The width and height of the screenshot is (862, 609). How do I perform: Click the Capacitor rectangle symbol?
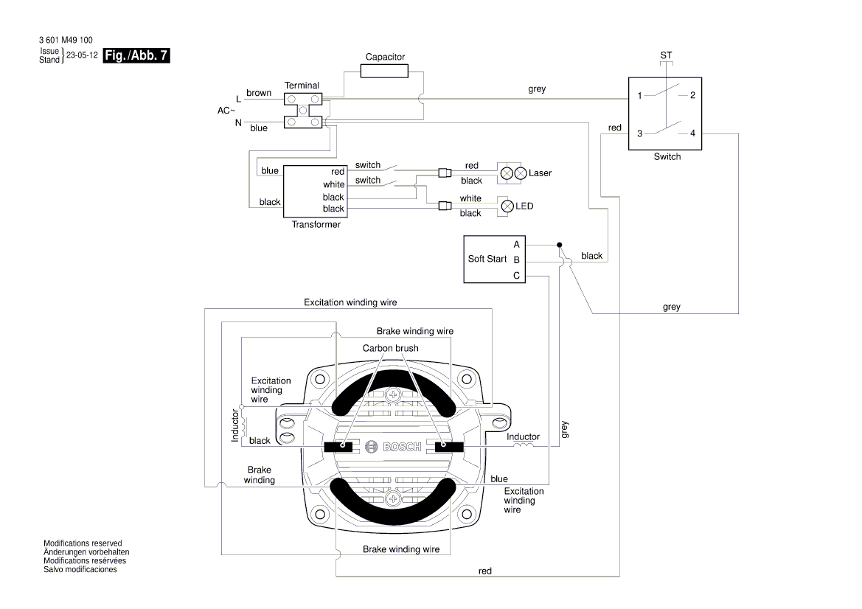pyautogui.click(x=385, y=71)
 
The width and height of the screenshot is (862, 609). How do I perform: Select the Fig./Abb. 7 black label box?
pyautogui.click(x=137, y=56)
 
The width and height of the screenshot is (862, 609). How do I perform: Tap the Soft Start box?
pyautogui.click(x=493, y=259)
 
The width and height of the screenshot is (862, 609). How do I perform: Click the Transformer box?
pyautogui.click(x=316, y=191)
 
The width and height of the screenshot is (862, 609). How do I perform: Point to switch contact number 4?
pyautogui.click(x=692, y=133)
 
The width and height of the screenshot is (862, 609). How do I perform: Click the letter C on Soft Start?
pyautogui.click(x=516, y=275)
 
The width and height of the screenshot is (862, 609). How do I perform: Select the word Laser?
pyautogui.click(x=540, y=173)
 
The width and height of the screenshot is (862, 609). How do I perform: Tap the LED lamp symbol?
pyautogui.click(x=507, y=206)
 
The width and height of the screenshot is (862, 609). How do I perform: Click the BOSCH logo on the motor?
pyautogui.click(x=394, y=447)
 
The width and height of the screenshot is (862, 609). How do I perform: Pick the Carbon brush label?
pyautogui.click(x=390, y=347)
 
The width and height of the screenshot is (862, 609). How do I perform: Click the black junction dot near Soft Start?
pyautogui.click(x=560, y=244)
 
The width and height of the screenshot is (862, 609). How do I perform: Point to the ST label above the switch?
pyautogui.click(x=666, y=56)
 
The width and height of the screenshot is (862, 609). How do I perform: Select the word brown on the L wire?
pyautogui.click(x=259, y=94)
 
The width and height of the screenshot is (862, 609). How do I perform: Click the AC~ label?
pyautogui.click(x=226, y=110)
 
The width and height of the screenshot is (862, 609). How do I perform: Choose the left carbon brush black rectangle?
pyautogui.click(x=341, y=446)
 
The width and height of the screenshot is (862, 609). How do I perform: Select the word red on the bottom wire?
pyautogui.click(x=485, y=571)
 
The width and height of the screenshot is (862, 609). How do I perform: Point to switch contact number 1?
pyautogui.click(x=640, y=95)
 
